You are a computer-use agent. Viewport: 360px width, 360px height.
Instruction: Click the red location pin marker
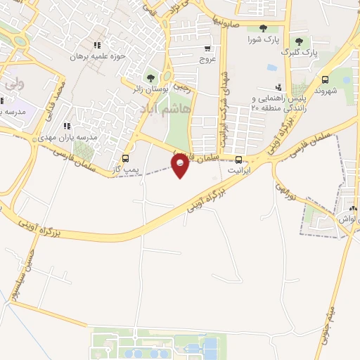click(x=181, y=165)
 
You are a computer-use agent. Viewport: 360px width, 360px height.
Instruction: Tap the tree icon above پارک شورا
click(x=263, y=29)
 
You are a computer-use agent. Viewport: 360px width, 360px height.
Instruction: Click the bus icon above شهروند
click(x=324, y=79)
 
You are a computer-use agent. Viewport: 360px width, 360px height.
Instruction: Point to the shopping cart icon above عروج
click(x=207, y=49)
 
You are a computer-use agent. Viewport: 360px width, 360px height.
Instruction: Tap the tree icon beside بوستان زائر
click(x=149, y=78)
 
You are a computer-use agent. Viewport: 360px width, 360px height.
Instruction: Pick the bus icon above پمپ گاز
click(x=125, y=158)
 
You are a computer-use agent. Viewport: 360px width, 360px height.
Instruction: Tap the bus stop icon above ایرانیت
click(x=239, y=160)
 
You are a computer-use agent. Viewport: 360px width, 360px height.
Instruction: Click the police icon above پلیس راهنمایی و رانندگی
click(x=278, y=87)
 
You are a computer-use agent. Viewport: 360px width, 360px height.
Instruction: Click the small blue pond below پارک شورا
click(x=271, y=68)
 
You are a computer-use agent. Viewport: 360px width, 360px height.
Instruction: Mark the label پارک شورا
click(x=262, y=39)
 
